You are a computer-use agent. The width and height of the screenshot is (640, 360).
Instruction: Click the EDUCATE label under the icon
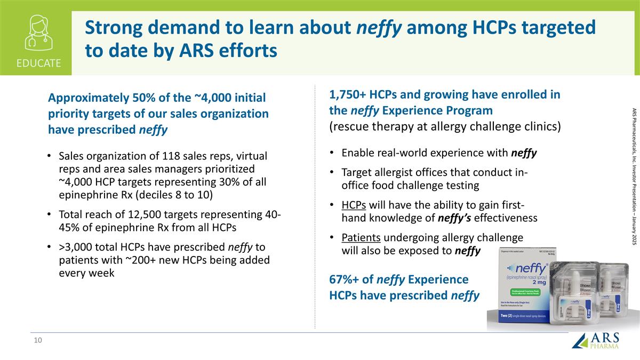point(38,63)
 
